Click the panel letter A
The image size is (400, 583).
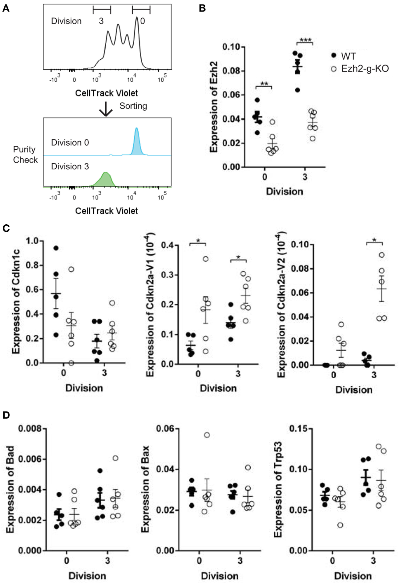(x=6, y=9)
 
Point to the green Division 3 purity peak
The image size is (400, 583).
(x=105, y=179)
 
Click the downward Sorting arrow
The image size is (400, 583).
(x=106, y=109)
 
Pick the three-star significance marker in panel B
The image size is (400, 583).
(x=305, y=40)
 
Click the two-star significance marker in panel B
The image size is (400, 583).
(x=264, y=84)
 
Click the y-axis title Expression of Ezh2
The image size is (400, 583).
(x=214, y=107)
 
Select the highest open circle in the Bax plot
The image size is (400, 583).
(x=207, y=435)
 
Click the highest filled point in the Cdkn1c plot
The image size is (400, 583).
(x=56, y=248)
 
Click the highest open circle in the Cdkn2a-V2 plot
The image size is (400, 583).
(x=382, y=255)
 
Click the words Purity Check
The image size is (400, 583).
(x=25, y=155)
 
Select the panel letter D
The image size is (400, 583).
(x=6, y=415)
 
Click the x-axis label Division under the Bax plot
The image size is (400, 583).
(x=220, y=576)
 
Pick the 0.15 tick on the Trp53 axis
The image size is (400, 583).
(x=298, y=429)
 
